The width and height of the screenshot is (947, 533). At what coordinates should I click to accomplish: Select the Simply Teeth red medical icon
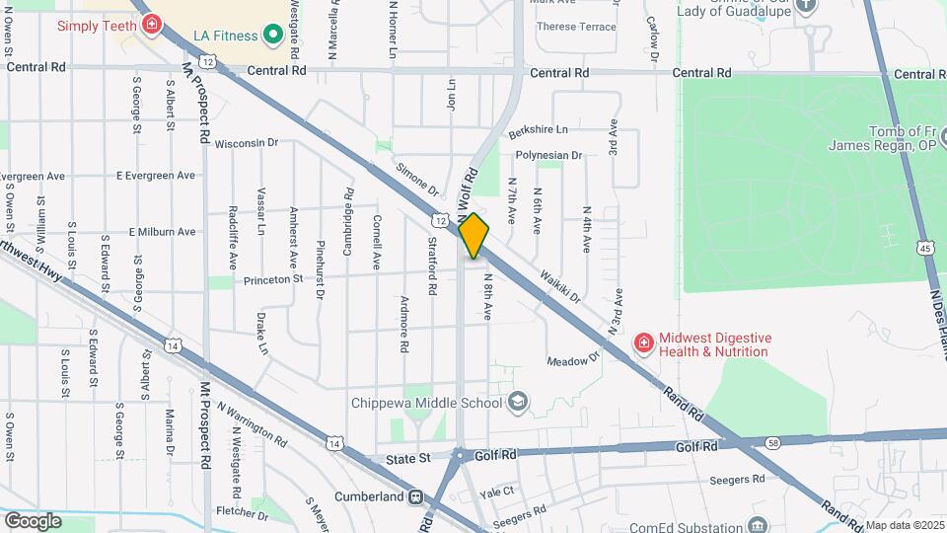[151, 23]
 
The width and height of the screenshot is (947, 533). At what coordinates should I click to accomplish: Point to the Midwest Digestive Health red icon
[644, 343]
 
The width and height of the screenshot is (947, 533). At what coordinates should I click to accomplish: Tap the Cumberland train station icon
[417, 496]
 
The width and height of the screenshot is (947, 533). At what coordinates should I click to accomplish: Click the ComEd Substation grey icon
[757, 524]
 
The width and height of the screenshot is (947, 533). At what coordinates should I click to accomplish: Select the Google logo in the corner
[33, 520]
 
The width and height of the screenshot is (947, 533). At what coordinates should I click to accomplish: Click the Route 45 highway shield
[925, 248]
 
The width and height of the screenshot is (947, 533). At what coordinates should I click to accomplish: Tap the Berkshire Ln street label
[539, 130]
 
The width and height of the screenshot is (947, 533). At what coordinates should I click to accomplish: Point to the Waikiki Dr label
[561, 287]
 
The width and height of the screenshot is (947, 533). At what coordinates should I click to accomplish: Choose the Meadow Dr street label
[573, 360]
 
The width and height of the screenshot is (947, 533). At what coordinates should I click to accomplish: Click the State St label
[409, 459]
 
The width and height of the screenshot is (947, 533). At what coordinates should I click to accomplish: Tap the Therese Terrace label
[577, 27]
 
